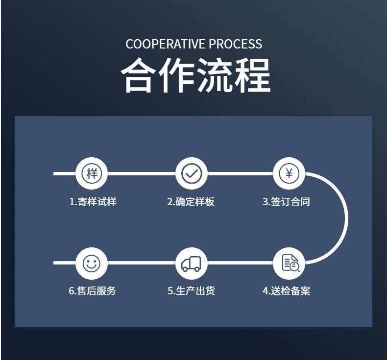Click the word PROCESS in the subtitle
(236, 44)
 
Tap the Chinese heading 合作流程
(195, 76)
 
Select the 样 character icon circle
(92, 173)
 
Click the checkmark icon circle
(192, 173)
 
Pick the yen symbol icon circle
(289, 173)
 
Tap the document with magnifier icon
(290, 263)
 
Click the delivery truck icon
(191, 264)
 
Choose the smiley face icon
(92, 263)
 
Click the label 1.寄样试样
(93, 202)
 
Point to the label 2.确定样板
(191, 202)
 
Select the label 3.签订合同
(286, 202)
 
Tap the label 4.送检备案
(286, 291)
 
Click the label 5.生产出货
(191, 291)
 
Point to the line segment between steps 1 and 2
(142, 173)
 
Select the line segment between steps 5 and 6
(142, 263)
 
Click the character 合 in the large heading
(139, 76)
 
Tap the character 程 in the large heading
(251, 76)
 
